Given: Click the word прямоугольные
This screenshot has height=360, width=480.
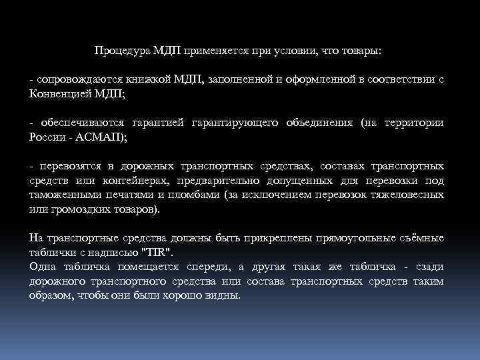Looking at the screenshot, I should coord(358,237).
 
